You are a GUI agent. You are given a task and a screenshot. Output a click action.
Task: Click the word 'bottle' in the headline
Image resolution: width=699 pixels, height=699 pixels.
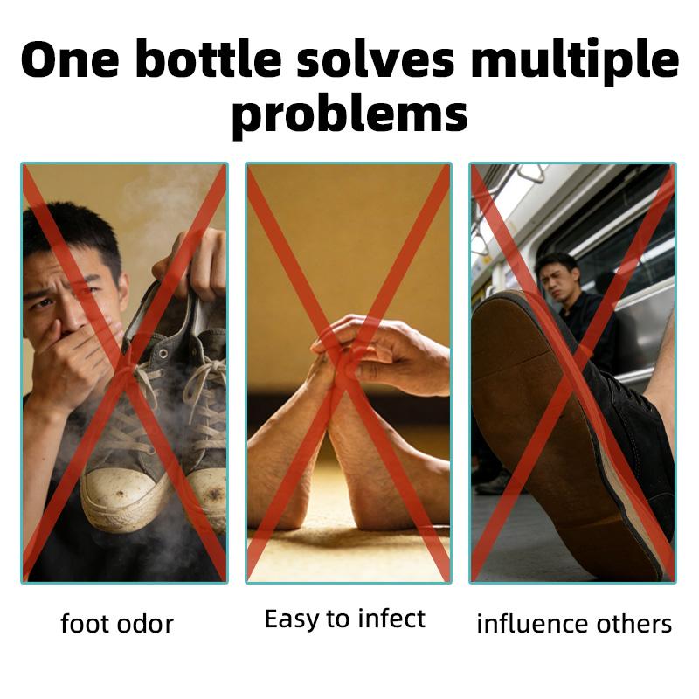(x=209, y=59)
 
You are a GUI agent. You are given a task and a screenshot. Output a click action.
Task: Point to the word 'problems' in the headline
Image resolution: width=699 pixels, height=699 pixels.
(x=349, y=116)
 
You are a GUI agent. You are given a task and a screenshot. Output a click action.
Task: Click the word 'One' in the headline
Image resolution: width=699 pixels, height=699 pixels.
(x=71, y=60)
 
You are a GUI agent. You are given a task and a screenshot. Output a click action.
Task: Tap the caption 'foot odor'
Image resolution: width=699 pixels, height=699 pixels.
(x=117, y=623)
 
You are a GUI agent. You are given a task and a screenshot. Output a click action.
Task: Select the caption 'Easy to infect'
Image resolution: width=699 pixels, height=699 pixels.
(x=345, y=619)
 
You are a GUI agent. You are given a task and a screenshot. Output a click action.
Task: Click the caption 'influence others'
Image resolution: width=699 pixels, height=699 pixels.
(x=574, y=623)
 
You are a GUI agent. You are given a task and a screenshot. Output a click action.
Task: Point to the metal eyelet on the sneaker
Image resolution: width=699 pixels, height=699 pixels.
(x=163, y=354)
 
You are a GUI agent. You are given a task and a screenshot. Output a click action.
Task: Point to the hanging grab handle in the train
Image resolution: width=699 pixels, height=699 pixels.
(x=531, y=173)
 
